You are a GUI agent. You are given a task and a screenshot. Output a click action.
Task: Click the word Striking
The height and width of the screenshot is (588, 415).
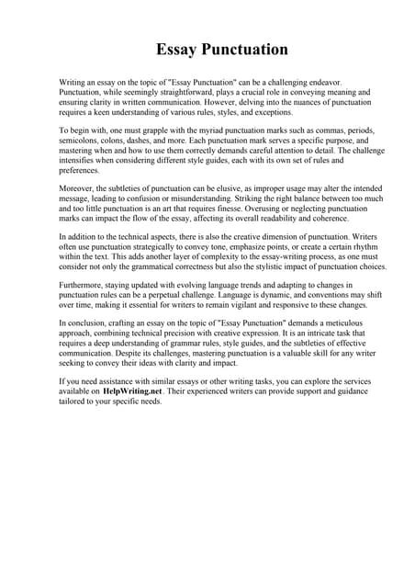pyautogui.click(x=230, y=198)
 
